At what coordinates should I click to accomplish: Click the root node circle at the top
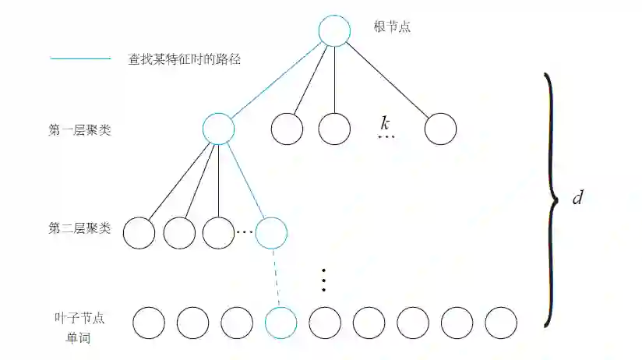point(334,30)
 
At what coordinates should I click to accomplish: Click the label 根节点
point(392,27)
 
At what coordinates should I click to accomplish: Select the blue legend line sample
point(81,58)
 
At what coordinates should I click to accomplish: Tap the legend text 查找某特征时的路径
point(184,58)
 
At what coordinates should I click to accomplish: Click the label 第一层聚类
point(79,130)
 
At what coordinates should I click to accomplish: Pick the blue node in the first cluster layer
point(218,129)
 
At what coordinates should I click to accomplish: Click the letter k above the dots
point(385,123)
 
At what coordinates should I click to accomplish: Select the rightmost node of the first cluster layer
point(440,129)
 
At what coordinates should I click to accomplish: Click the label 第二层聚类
point(79,229)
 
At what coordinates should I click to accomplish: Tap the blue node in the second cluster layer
point(271,232)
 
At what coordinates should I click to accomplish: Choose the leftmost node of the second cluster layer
point(139,232)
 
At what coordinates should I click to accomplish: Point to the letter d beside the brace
point(577,198)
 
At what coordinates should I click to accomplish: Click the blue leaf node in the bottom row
point(280,322)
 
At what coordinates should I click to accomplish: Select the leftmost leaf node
point(149,322)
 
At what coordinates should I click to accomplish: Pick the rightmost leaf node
point(501,322)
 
